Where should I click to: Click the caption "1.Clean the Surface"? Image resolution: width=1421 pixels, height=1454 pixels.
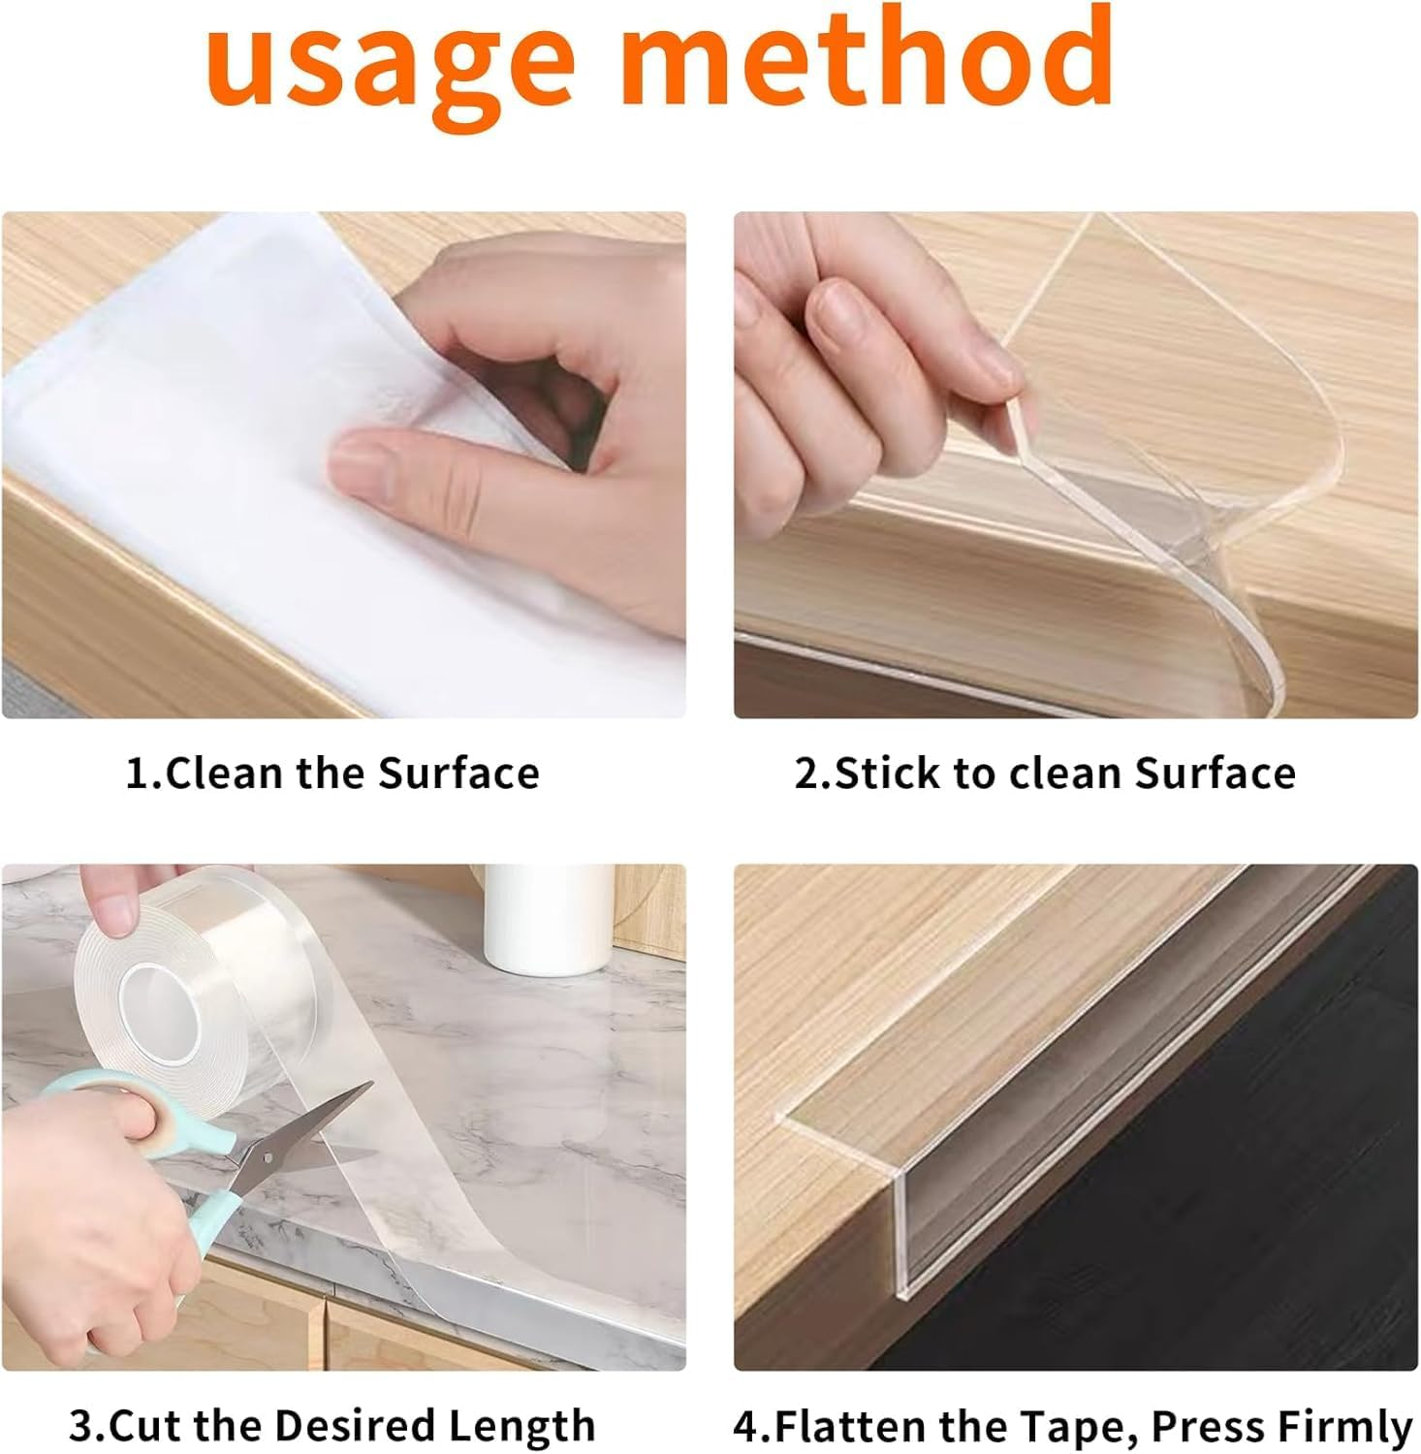(332, 774)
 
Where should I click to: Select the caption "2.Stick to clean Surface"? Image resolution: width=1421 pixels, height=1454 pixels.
(1045, 774)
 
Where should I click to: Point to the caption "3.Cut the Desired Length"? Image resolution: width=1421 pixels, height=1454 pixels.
(332, 1425)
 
